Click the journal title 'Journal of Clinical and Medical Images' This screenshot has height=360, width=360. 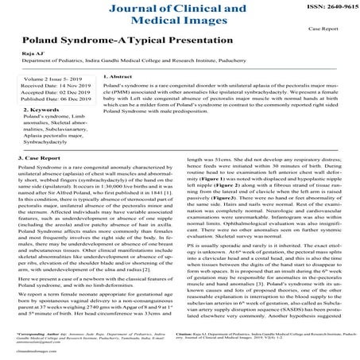tap(180, 20)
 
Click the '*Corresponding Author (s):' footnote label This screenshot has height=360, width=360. tap(42, 336)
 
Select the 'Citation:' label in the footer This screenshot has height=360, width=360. tap(195, 336)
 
